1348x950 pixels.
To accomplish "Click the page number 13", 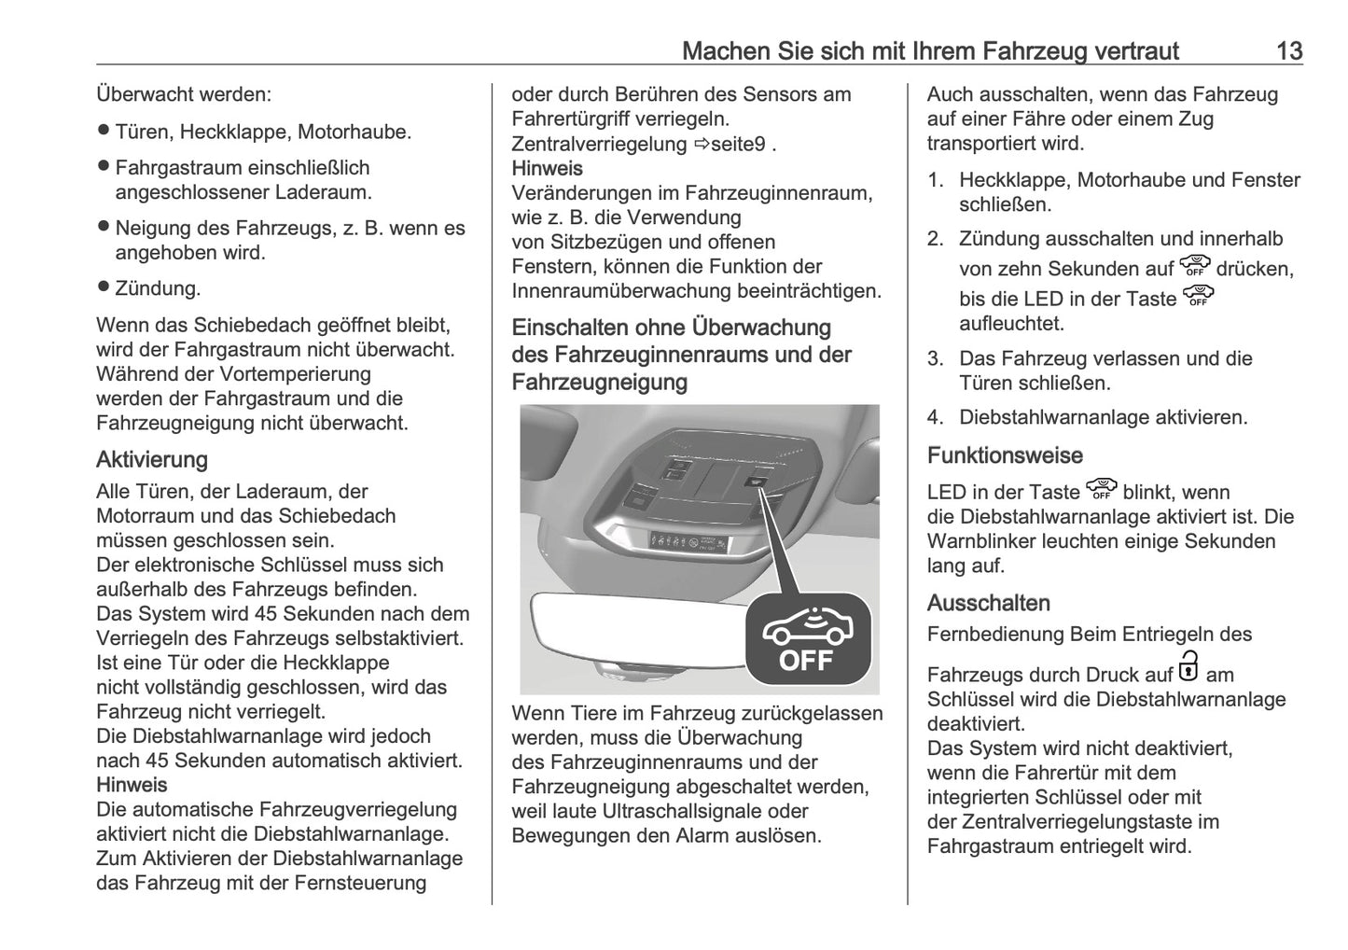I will click(1288, 50).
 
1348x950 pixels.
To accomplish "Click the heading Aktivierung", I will click(152, 460).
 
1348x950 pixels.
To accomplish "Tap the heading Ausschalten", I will click(988, 603).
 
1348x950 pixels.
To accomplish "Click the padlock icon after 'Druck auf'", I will click(1188, 668).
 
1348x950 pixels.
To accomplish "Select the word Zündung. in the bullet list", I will click(158, 288).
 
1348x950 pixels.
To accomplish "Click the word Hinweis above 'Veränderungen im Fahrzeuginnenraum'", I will click(547, 169).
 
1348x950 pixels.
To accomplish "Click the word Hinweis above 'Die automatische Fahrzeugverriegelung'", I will click(132, 785).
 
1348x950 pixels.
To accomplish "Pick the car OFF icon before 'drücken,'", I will click(1194, 266).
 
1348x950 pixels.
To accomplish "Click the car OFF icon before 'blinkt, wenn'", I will click(1102, 489).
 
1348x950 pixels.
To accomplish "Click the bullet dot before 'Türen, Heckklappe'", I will click(104, 132).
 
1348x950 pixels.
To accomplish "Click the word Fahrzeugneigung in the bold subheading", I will click(599, 383).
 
